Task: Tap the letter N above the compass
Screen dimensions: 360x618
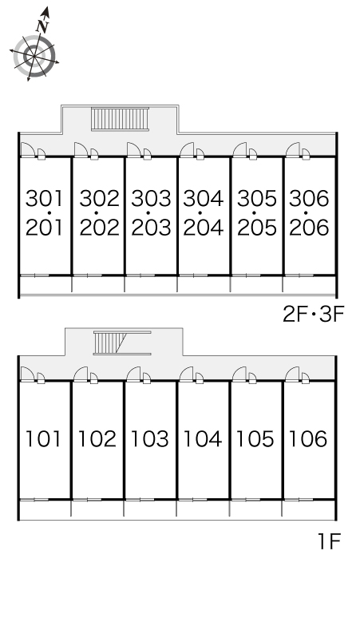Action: [x=42, y=26]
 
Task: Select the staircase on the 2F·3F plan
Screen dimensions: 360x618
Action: [x=120, y=119]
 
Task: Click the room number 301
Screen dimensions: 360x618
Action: [x=44, y=198]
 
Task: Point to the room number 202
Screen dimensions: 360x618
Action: [x=99, y=228]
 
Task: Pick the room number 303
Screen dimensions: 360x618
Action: [x=151, y=198]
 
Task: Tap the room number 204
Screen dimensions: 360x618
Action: [x=204, y=228]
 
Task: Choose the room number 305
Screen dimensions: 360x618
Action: [x=257, y=198]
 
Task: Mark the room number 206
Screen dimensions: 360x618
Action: [x=309, y=228]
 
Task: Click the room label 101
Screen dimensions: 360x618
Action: [x=43, y=438]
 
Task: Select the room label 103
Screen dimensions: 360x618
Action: [x=150, y=438]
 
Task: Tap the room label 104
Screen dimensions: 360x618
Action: [x=203, y=438]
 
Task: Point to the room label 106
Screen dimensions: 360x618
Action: [x=308, y=438]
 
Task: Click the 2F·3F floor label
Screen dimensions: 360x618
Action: [x=314, y=314]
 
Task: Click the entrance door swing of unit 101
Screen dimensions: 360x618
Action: [x=28, y=374]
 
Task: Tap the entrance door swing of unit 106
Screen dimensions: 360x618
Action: [x=292, y=374]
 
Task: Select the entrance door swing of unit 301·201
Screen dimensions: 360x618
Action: [x=28, y=150]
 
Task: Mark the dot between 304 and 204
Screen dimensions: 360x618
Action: [x=200, y=213]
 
